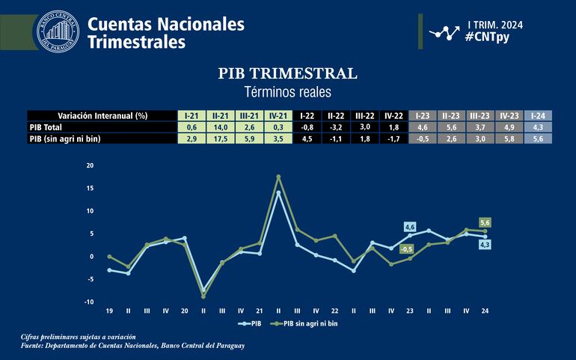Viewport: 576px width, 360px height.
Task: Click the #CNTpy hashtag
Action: coord(487,37)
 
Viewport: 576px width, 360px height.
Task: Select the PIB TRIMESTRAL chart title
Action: coord(287,73)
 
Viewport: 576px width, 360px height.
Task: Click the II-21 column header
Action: coord(220,116)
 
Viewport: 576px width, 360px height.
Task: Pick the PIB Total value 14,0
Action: coord(220,127)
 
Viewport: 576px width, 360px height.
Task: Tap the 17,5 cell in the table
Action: coord(220,138)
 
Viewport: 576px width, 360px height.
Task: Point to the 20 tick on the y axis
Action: coord(91,165)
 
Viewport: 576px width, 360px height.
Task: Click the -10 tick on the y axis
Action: coord(90,302)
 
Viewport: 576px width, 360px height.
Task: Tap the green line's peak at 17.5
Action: coord(278,177)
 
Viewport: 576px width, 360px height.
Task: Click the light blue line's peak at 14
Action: coord(278,192)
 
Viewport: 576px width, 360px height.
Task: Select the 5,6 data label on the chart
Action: coord(484,223)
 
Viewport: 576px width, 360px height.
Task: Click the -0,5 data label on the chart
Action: coord(407,248)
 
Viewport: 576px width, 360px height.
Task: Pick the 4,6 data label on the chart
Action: coord(409,227)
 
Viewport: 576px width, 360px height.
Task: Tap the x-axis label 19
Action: coord(109,310)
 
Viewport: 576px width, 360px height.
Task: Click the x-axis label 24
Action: coord(485,310)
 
